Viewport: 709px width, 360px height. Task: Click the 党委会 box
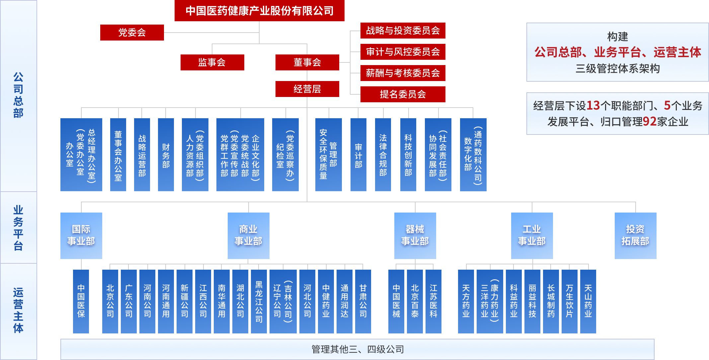pos(132,33)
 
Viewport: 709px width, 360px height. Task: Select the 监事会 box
pos(212,62)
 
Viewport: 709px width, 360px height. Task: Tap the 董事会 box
pos(307,62)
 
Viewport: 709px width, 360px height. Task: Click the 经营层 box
pos(307,89)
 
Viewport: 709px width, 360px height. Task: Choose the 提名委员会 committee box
pos(403,94)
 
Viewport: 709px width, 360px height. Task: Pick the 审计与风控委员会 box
pos(403,52)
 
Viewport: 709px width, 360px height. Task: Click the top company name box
pos(259,11)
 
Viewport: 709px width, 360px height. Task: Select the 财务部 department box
pos(166,155)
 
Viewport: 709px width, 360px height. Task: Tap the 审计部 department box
pos(358,155)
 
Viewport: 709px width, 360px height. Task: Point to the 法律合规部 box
pos(383,155)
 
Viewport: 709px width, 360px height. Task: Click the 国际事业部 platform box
pos(81,235)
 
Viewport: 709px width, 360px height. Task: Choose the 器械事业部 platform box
pos(415,235)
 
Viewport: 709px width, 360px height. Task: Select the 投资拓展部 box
pos(635,235)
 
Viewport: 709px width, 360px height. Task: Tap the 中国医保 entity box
pos(81,301)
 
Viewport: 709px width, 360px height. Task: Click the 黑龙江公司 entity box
pos(259,301)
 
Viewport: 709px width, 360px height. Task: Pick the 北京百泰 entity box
pos(415,301)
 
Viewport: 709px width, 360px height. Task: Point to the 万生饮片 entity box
pos(570,301)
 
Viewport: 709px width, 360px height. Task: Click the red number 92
pos(650,122)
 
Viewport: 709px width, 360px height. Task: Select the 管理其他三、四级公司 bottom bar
pos(357,349)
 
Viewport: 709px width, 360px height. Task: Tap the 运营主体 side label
pos(18,310)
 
